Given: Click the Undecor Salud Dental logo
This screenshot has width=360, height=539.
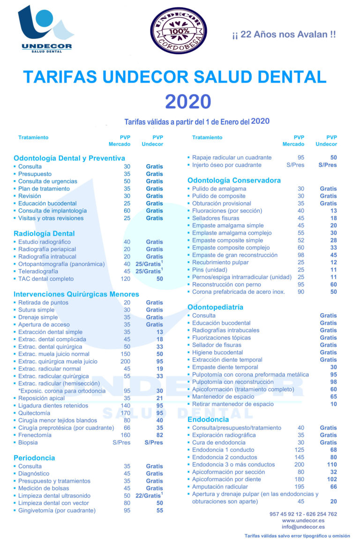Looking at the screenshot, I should (x=45, y=29).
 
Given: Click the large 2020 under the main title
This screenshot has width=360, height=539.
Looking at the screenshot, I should (x=188, y=101).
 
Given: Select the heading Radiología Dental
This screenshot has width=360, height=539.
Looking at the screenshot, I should (x=44, y=233).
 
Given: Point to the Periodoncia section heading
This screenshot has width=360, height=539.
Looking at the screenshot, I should (x=34, y=457).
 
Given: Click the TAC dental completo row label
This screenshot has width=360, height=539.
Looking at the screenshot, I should (x=46, y=279).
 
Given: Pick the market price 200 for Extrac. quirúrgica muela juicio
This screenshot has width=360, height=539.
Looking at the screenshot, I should (x=125, y=361).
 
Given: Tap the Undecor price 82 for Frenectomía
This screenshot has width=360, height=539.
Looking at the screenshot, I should (x=159, y=435).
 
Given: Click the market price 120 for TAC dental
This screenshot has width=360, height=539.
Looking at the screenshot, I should (x=125, y=279).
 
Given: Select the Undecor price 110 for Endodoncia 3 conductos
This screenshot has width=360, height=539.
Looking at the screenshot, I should (x=331, y=464).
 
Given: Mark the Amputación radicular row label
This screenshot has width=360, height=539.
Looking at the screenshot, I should (x=220, y=486).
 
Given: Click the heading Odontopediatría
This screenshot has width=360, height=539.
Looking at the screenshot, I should (x=215, y=307).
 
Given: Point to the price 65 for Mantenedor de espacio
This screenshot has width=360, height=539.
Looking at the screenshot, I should (x=333, y=396).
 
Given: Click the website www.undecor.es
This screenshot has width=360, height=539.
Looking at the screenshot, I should (x=303, y=520).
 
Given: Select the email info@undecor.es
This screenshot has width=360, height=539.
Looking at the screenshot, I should (x=303, y=527).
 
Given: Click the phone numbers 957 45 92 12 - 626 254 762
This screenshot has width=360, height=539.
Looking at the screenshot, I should (x=303, y=514).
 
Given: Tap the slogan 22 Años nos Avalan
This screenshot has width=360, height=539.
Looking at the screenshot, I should (x=284, y=34).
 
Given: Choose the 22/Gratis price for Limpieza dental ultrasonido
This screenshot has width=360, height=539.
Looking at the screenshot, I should (x=149, y=495).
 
